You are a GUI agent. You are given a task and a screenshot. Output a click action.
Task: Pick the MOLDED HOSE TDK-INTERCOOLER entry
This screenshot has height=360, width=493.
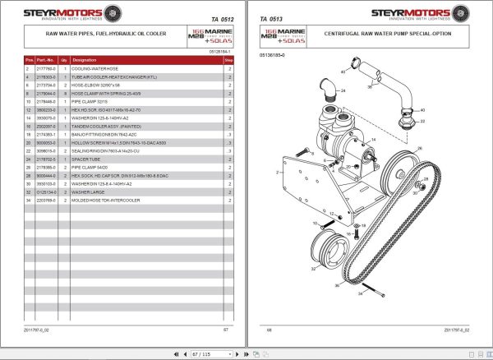click(106, 200)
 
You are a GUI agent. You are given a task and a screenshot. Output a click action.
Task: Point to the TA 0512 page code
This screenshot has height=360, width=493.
click(213, 19)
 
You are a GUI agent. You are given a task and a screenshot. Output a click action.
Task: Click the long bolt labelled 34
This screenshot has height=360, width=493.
click(373, 288)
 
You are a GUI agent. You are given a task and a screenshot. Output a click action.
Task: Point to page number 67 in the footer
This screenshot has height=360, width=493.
click(226, 330)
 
